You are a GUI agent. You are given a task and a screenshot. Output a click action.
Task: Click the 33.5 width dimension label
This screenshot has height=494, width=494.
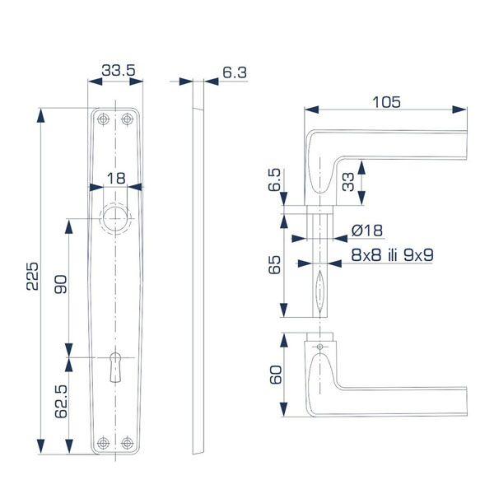[118, 72]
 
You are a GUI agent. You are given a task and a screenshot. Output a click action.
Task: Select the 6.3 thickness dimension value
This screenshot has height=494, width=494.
[235, 72]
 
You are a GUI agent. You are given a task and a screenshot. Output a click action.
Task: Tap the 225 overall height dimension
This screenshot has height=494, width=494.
[30, 280]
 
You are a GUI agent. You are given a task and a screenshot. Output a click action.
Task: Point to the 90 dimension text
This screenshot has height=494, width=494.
[60, 284]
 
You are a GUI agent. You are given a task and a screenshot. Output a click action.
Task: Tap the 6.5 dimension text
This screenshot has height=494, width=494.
[276, 180]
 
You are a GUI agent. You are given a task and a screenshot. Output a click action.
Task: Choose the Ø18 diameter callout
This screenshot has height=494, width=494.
[364, 230]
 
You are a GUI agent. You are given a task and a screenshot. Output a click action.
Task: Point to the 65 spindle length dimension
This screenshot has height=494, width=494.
[276, 265]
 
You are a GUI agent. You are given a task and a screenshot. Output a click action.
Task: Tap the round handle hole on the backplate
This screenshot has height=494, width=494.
[115, 218]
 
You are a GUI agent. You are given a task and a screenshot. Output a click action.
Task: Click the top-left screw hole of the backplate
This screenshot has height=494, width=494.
[102, 120]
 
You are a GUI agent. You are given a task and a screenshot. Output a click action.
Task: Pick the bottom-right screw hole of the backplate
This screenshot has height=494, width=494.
[128, 443]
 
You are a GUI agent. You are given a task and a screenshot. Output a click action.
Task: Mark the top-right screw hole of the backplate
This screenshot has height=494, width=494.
[128, 120]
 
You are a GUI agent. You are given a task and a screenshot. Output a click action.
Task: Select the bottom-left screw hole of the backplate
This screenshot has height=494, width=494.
[102, 443]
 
